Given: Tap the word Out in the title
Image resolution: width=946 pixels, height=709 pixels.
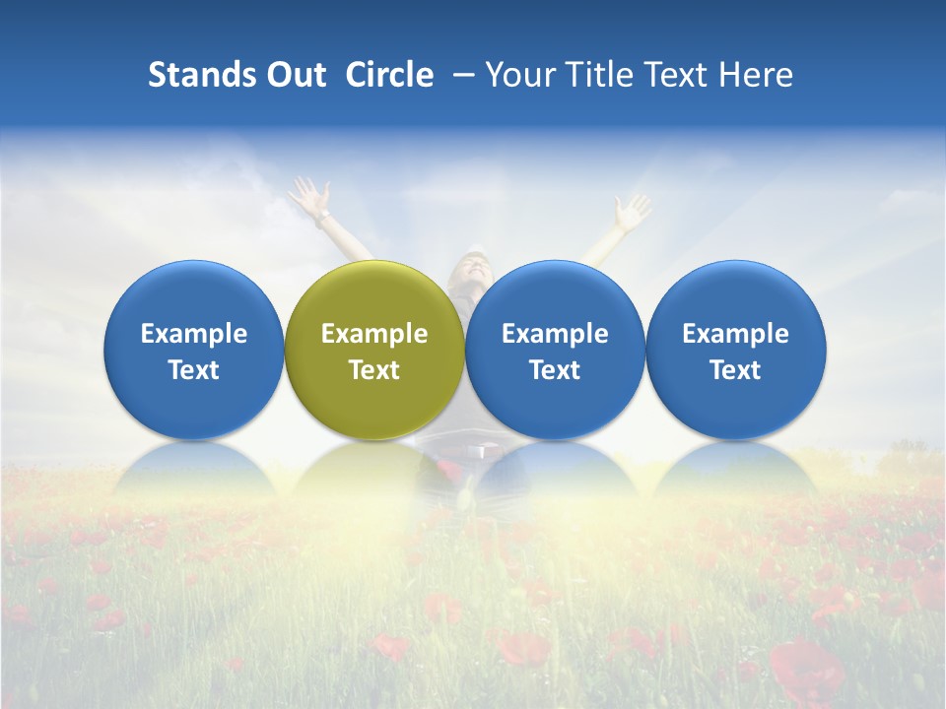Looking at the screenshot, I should point(294,75).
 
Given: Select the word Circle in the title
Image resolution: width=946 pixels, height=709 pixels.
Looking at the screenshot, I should point(389,75).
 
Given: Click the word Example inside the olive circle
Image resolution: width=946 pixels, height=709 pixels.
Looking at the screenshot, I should point(374,334).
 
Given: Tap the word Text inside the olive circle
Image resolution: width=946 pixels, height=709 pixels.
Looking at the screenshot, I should point(374,370).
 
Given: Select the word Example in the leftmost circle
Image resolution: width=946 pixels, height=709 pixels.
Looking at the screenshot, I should point(193,334).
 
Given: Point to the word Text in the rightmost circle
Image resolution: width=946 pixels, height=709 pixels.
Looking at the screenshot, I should point(735,370).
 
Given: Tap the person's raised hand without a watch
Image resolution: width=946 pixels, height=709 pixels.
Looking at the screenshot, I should point(631,210).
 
